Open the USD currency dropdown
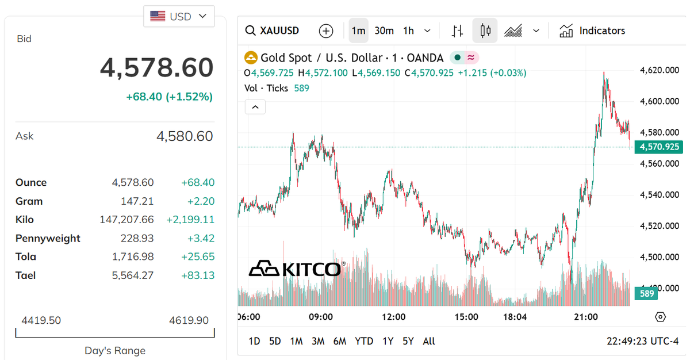(x=179, y=17)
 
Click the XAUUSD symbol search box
(x=272, y=31)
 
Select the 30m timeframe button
(x=384, y=31)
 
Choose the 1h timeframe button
(x=408, y=31)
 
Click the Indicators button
(x=592, y=31)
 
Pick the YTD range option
(x=364, y=341)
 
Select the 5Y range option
(x=408, y=341)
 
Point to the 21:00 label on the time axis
(x=586, y=317)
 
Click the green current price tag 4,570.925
(x=658, y=147)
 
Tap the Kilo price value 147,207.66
(x=127, y=220)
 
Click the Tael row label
(x=26, y=275)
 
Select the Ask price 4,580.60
(x=185, y=136)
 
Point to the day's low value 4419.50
(x=41, y=320)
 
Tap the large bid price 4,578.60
(x=156, y=68)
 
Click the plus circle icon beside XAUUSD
(x=326, y=31)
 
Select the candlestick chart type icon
(x=485, y=31)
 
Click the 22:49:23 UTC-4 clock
(x=642, y=341)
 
